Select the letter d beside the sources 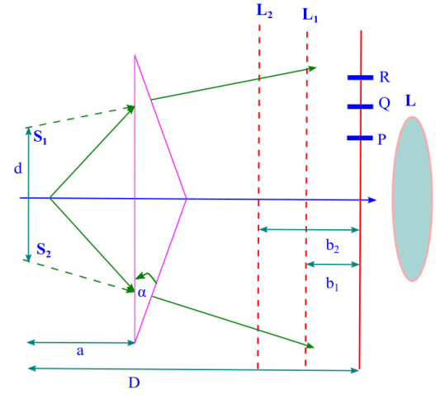pos(17,169)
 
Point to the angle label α pos(142,293)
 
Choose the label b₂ pos(332,246)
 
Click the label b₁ pos(332,283)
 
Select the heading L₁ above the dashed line pos(311,15)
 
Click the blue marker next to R pos(361,77)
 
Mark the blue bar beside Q pos(361,106)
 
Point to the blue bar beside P pos(361,138)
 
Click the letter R pos(384,78)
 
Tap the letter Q pos(384,106)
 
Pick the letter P pos(381,139)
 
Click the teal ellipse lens pos(413,199)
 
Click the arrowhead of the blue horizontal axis pos(373,199)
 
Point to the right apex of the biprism pos(187,199)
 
